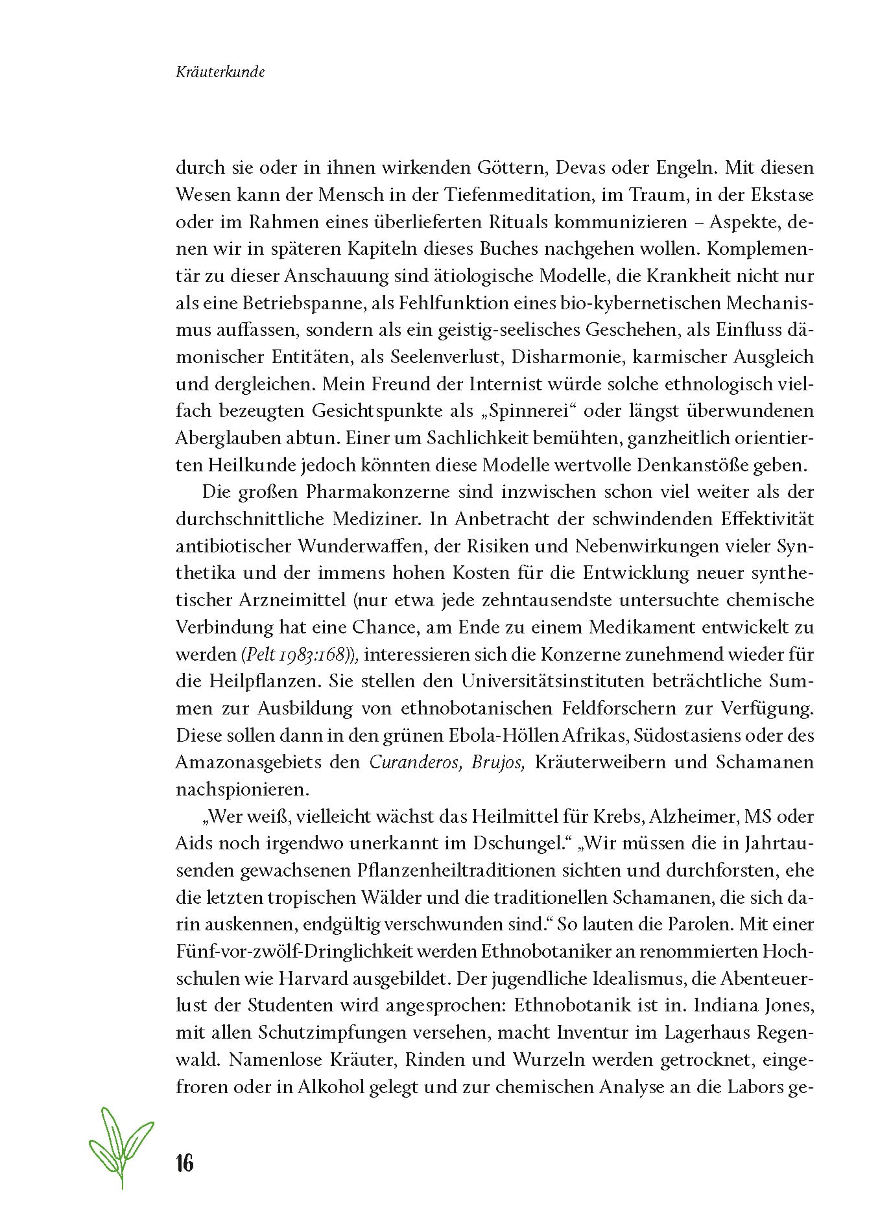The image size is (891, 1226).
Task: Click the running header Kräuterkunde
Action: pos(219,73)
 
